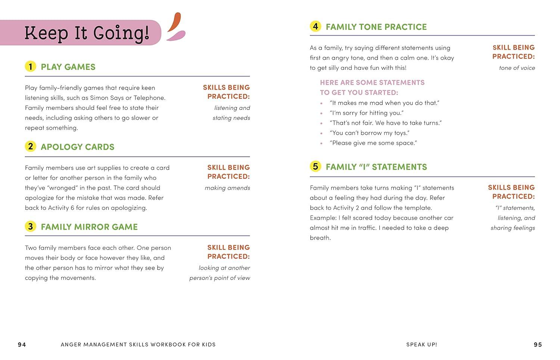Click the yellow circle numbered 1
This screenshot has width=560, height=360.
[x=30, y=66]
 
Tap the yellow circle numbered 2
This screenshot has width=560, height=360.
[x=30, y=146]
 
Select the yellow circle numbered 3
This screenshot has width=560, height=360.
[x=30, y=226]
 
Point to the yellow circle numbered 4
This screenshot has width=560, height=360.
[x=315, y=27]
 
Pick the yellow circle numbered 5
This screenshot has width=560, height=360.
[x=315, y=167]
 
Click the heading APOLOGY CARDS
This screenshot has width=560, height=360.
[x=77, y=147]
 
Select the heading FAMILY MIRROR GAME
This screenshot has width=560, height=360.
[x=89, y=227]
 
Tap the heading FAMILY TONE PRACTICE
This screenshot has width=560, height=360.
[x=376, y=27]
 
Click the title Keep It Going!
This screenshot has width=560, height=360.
[x=87, y=33]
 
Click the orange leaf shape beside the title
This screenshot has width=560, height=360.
[x=174, y=22]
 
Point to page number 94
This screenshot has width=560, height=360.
[x=22, y=344]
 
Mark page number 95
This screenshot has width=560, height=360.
[x=538, y=344]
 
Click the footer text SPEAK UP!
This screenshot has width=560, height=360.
[x=421, y=344]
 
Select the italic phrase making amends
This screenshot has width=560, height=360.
[x=227, y=188]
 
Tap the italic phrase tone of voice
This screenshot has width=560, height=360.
[x=517, y=68]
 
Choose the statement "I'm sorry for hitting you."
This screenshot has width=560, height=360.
[x=367, y=113]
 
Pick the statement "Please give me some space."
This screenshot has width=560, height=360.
[x=373, y=143]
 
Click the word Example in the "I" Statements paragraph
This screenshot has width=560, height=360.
[x=323, y=218]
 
